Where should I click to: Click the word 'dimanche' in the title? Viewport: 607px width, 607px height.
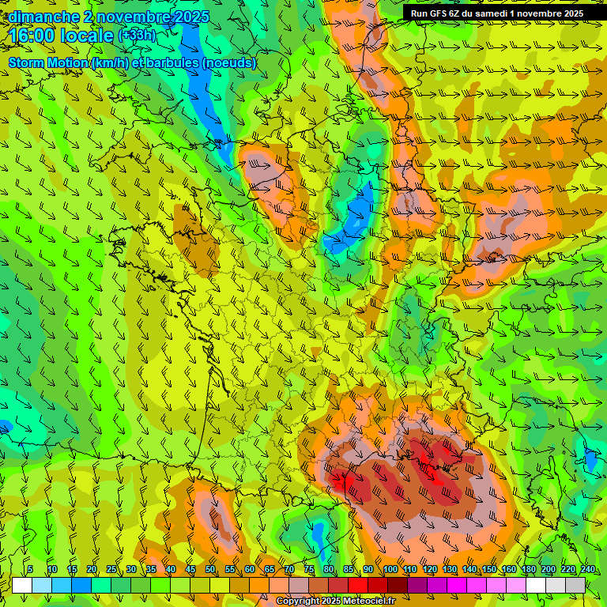click(x=44, y=17)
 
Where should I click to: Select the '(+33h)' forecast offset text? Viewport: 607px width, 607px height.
click(x=138, y=36)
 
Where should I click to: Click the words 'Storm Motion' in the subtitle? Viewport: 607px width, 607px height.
click(x=48, y=63)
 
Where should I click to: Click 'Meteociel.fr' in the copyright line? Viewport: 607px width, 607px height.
click(x=367, y=601)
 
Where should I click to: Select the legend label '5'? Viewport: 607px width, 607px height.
click(x=30, y=570)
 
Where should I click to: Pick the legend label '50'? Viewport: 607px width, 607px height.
click(x=210, y=570)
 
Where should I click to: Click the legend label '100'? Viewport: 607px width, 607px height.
click(x=390, y=570)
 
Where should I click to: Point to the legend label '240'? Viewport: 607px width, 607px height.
click(x=588, y=570)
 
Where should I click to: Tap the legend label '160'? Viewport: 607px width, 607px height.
click(x=509, y=570)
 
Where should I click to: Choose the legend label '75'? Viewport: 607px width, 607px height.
click(x=309, y=570)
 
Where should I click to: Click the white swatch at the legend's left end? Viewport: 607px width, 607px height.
click(x=22, y=585)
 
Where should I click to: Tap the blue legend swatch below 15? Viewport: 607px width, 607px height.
click(x=81, y=585)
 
